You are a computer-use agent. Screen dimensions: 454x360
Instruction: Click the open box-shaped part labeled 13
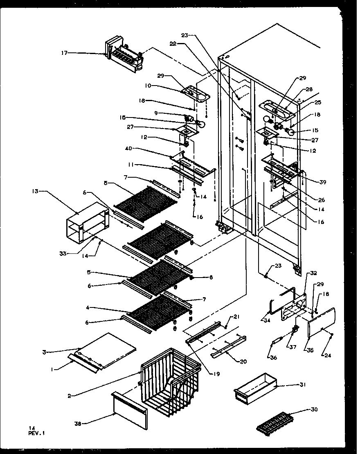(x=88, y=222)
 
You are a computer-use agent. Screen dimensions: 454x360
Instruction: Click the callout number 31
(x=302, y=385)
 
